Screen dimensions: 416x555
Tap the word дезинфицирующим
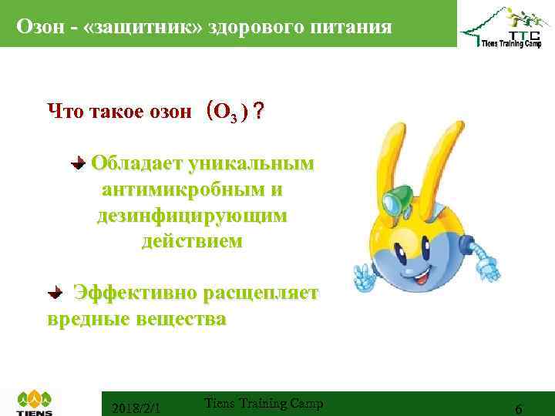click(192, 216)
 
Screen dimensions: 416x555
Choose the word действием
click(191, 242)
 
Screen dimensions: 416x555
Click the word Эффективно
click(135, 294)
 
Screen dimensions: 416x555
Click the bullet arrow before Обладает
click(78, 163)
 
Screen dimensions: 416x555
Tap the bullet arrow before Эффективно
click(55, 294)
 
